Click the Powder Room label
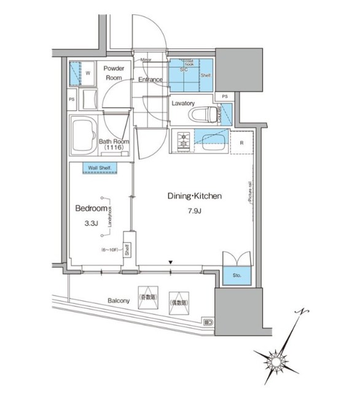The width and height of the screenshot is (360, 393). (114, 74)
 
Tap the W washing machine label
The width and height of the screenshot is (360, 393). (88, 73)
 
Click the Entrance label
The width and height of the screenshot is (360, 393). (150, 80)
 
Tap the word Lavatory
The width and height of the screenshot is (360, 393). (183, 103)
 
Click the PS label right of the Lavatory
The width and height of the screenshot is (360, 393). (225, 96)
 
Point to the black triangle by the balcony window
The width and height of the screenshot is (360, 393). (171, 263)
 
